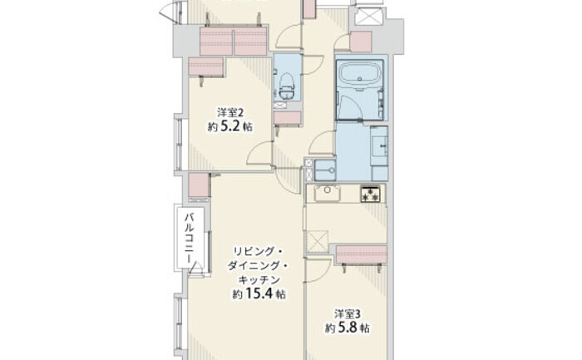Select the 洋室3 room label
(x=348, y=314)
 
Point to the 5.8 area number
(x=347, y=328)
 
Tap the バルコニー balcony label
(x=190, y=238)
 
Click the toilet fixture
(x=287, y=86)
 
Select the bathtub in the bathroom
(x=359, y=76)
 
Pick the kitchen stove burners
(x=372, y=194)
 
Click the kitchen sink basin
(x=328, y=193)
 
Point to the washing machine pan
(x=325, y=170)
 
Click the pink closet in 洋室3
(x=362, y=254)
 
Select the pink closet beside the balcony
(x=199, y=185)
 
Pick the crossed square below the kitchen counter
(x=317, y=242)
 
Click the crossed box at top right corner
(x=368, y=17)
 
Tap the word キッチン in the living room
(x=259, y=280)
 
